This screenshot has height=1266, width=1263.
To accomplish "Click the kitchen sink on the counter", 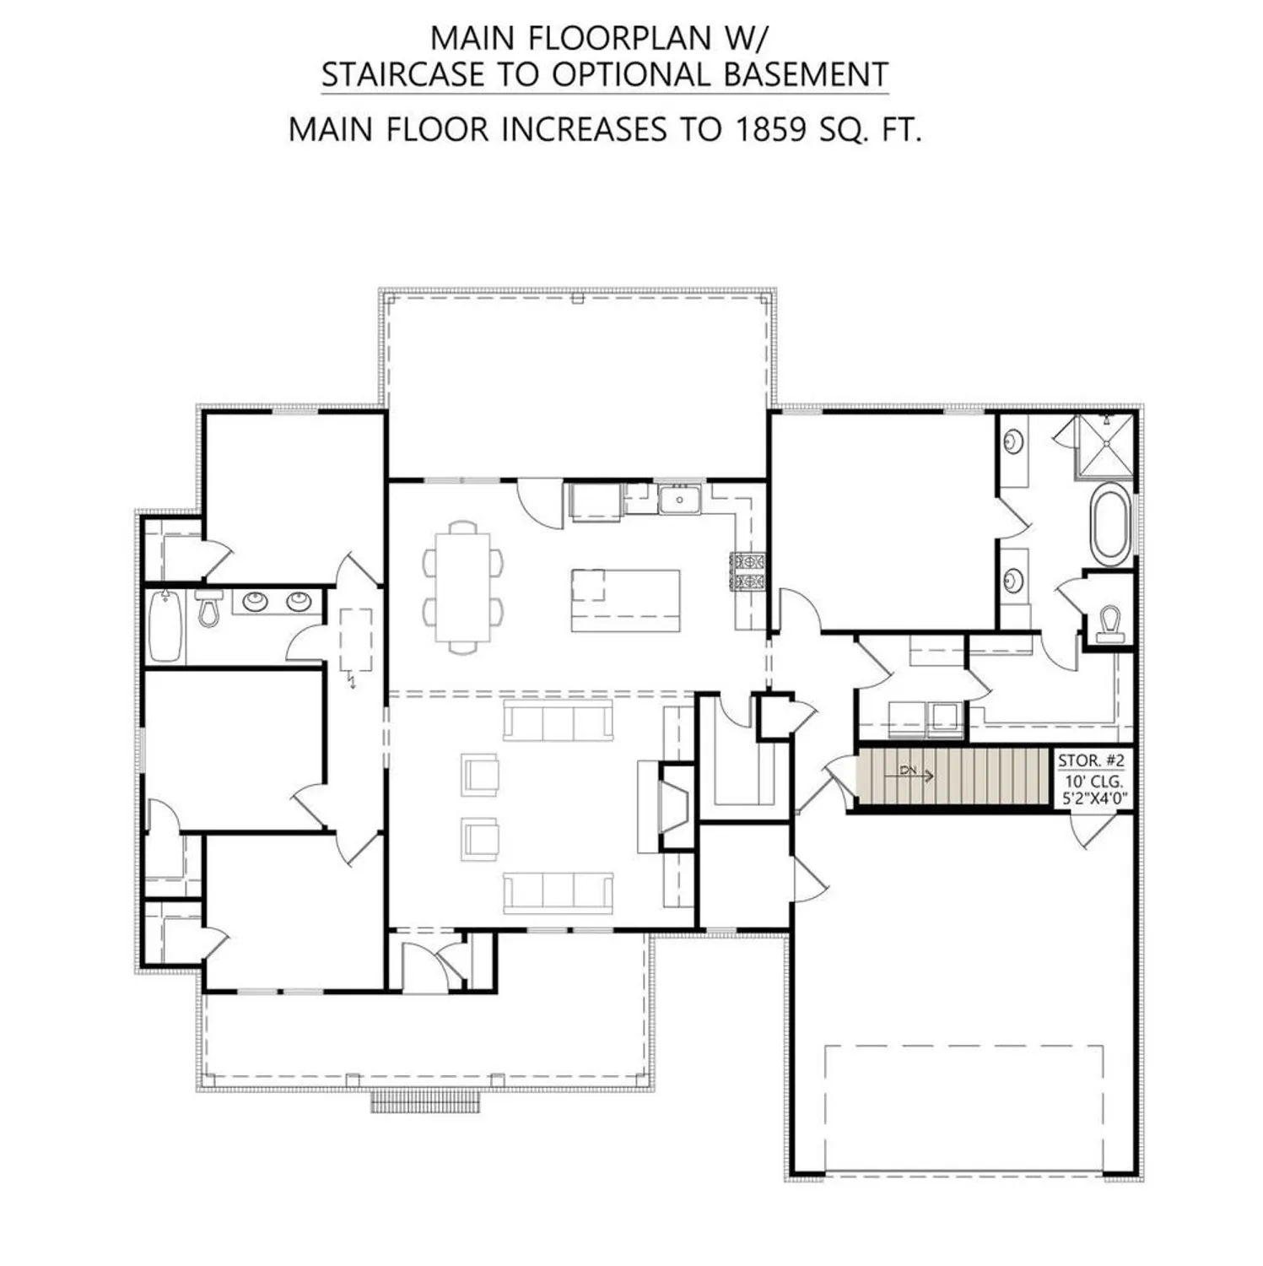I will (x=679, y=500).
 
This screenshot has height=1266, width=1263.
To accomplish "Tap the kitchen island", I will (x=625, y=599).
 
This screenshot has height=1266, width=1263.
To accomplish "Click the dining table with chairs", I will (x=462, y=587).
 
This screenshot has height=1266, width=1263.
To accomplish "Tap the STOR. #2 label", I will (x=1090, y=760).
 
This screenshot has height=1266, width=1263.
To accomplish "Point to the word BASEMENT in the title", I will (x=806, y=74).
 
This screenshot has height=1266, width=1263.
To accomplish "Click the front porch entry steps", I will (x=427, y=1101).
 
